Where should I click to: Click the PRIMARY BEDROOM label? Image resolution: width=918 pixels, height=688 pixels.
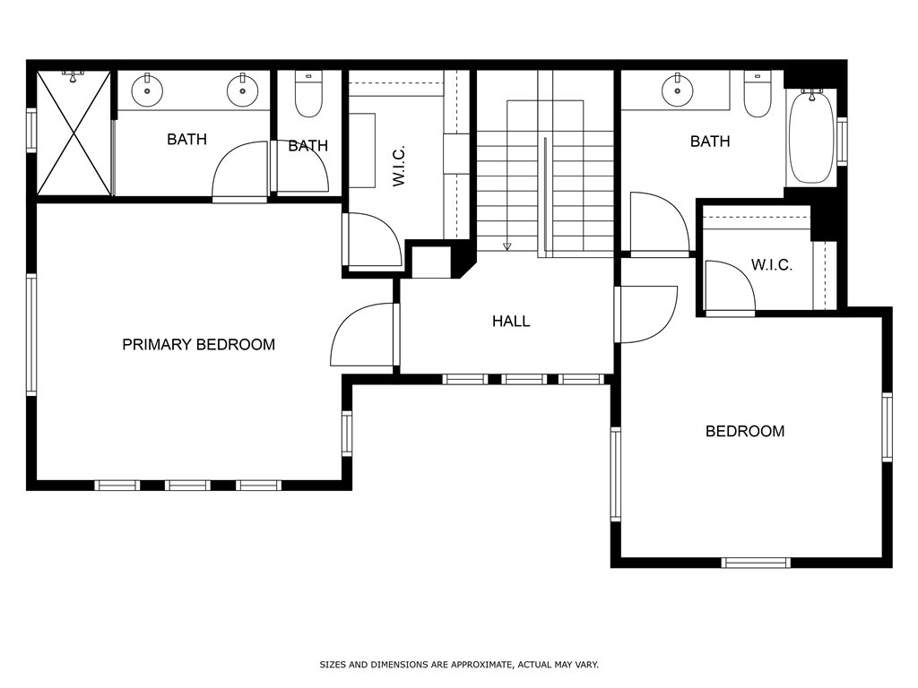pyautogui.click(x=198, y=345)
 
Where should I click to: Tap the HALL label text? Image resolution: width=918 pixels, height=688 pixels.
pyautogui.click(x=511, y=321)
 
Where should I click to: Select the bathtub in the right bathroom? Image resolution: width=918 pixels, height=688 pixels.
pyautogui.click(x=811, y=135)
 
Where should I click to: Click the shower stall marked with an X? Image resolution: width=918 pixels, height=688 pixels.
pyautogui.click(x=74, y=133)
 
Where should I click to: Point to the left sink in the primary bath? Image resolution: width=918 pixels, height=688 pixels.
pyautogui.click(x=146, y=90)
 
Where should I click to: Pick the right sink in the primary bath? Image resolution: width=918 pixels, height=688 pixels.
pyautogui.click(x=241, y=90)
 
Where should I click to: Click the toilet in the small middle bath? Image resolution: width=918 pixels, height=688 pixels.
pyautogui.click(x=308, y=95)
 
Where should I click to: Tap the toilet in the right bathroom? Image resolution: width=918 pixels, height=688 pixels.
pyautogui.click(x=758, y=95)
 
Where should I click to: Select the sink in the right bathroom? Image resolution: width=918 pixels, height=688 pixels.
pyautogui.click(x=677, y=90)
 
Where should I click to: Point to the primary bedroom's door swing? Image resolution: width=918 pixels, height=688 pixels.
pyautogui.click(x=363, y=336)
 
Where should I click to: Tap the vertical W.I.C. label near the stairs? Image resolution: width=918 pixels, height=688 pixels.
pyautogui.click(x=399, y=167)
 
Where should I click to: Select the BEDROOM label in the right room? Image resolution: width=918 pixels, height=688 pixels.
pyautogui.click(x=745, y=432)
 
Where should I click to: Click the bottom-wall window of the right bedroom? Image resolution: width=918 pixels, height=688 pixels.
pyautogui.click(x=756, y=563)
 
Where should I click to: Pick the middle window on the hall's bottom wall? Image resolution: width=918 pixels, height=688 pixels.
pyautogui.click(x=524, y=379)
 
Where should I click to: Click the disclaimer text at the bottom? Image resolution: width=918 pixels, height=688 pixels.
pyautogui.click(x=459, y=665)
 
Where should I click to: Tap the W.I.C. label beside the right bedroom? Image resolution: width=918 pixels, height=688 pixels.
pyautogui.click(x=771, y=265)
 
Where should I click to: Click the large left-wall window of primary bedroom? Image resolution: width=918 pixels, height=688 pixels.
pyautogui.click(x=31, y=334)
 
